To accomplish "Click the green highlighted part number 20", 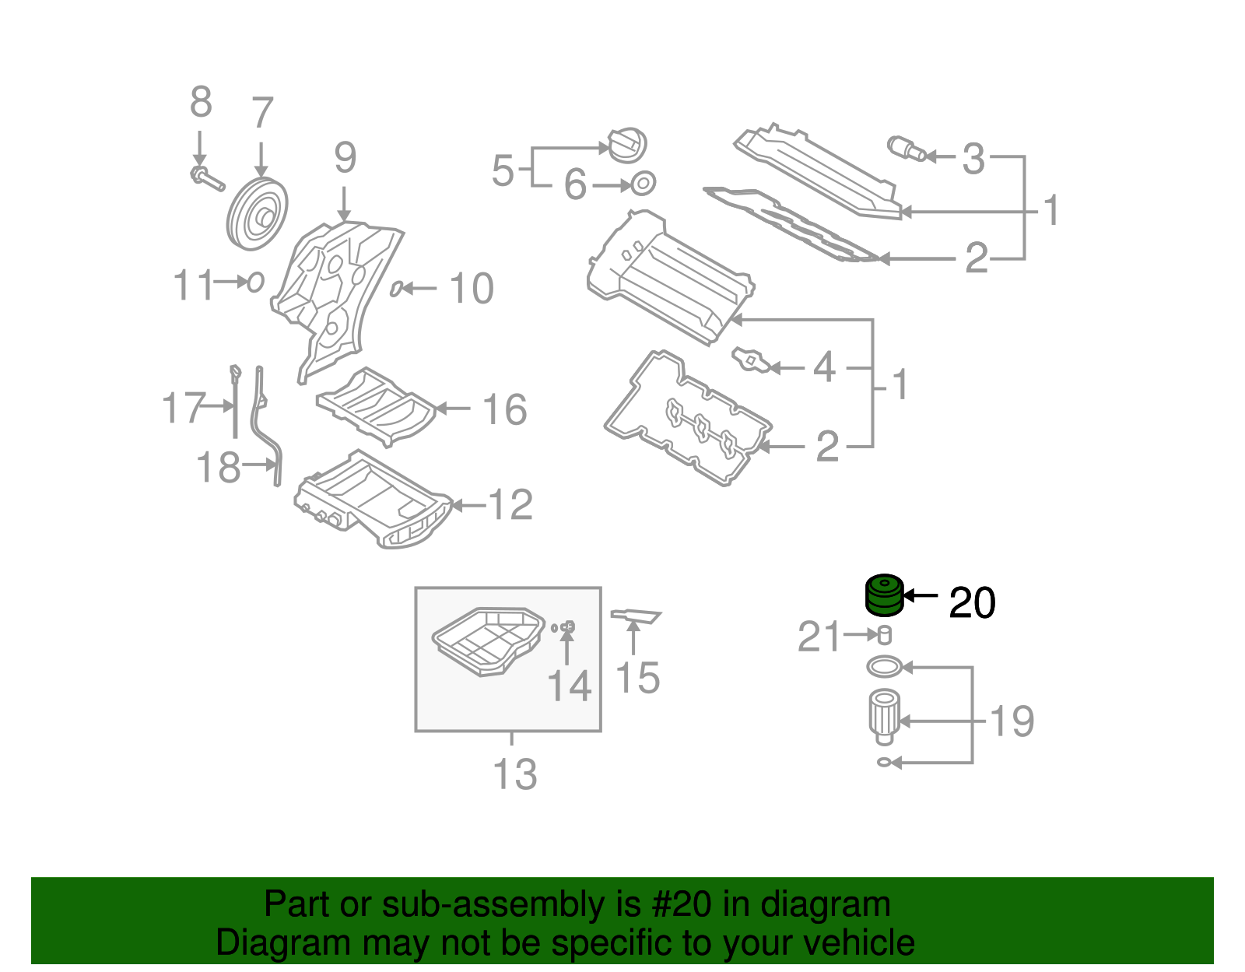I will [885, 595].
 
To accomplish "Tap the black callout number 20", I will [972, 603].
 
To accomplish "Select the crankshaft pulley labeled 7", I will [258, 213].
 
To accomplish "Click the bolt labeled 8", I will [205, 177].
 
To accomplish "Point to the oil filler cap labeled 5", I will [626, 146].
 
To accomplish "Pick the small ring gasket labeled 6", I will [643, 184].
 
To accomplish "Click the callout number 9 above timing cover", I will [345, 158].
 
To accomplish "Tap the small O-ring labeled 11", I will [255, 282].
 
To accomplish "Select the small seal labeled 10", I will [396, 289].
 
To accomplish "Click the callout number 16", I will [504, 409].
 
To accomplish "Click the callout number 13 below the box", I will [514, 774].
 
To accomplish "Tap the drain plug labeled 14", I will [567, 626].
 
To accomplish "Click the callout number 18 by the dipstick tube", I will [218, 467].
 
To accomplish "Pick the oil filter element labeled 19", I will [884, 713].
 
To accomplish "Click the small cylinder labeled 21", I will [884, 635].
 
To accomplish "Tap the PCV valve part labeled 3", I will [906, 147].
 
